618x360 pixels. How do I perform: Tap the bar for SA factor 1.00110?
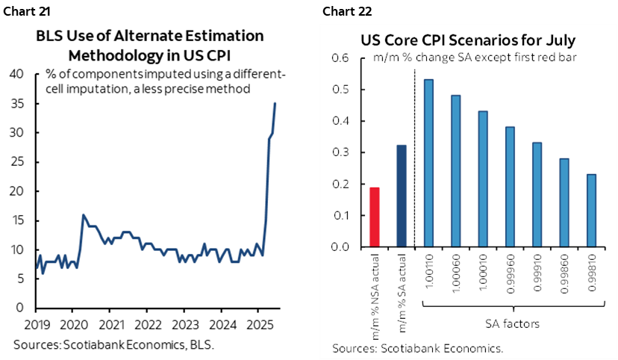tap(429, 164)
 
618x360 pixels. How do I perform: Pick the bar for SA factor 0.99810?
tap(592, 211)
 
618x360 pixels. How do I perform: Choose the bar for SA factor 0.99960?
tap(511, 187)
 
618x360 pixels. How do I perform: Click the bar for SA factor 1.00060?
tap(456, 171)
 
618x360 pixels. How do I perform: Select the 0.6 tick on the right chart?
tap(340, 58)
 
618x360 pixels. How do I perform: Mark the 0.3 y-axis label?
tap(340, 152)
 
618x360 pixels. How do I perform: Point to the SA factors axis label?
tap(511, 323)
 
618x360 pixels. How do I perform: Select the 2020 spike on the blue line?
tap(83, 215)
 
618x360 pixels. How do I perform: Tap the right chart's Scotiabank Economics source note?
tap(418, 348)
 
